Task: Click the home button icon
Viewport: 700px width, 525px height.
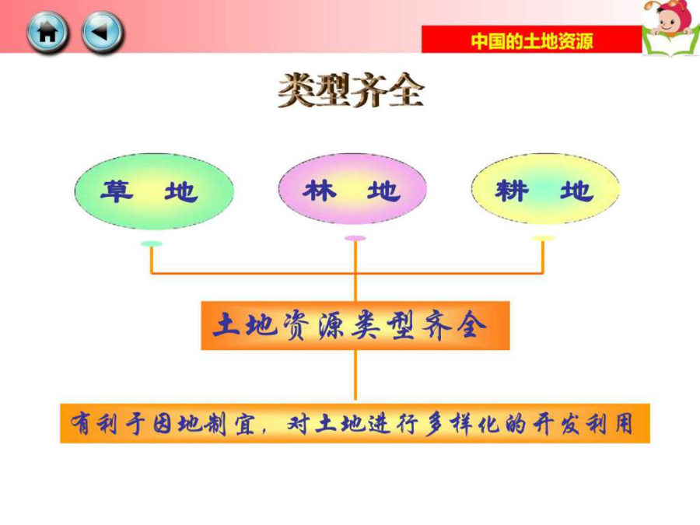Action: tap(47, 33)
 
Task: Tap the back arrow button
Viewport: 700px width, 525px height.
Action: tap(102, 33)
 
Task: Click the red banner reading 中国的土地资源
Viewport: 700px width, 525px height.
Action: tap(532, 40)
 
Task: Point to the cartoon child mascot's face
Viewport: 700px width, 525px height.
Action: tap(668, 20)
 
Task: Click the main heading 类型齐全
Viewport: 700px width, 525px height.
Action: tap(351, 91)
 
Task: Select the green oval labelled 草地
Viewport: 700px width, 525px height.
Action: tap(154, 191)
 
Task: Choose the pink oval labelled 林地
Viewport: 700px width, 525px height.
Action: tap(352, 189)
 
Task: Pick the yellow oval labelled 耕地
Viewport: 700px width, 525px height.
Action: tap(545, 189)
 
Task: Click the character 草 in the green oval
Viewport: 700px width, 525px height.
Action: tap(117, 191)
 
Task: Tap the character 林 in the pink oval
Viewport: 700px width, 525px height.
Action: tap(320, 191)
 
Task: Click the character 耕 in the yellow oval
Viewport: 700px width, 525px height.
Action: tap(512, 191)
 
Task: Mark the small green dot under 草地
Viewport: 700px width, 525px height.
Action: tap(152, 243)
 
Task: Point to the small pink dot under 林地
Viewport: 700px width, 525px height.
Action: tap(355, 239)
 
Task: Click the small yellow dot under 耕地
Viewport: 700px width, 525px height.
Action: tap(543, 239)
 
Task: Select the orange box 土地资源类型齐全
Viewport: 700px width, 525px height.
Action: tap(355, 325)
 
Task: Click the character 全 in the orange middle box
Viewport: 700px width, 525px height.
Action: tap(471, 325)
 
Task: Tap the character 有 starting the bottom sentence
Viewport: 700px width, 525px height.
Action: tap(82, 423)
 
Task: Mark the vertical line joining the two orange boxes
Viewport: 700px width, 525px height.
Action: tap(355, 375)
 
